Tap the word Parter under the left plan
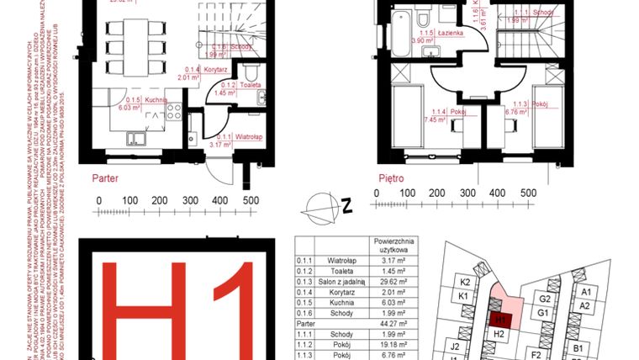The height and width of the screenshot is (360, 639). pos(106,179)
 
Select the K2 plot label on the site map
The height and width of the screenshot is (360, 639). pos(463,282)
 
